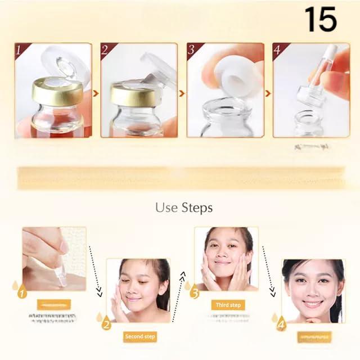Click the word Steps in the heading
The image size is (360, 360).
[197, 208]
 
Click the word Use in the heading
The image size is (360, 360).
[166, 208]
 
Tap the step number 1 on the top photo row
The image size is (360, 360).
[20, 50]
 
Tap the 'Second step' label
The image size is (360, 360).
[141, 337]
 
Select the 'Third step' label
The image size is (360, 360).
[228, 305]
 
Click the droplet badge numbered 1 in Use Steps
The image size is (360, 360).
[22, 292]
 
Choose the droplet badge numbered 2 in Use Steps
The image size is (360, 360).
[106, 323]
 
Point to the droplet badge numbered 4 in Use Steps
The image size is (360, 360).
[280, 323]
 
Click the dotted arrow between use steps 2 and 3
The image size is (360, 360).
[178, 292]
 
